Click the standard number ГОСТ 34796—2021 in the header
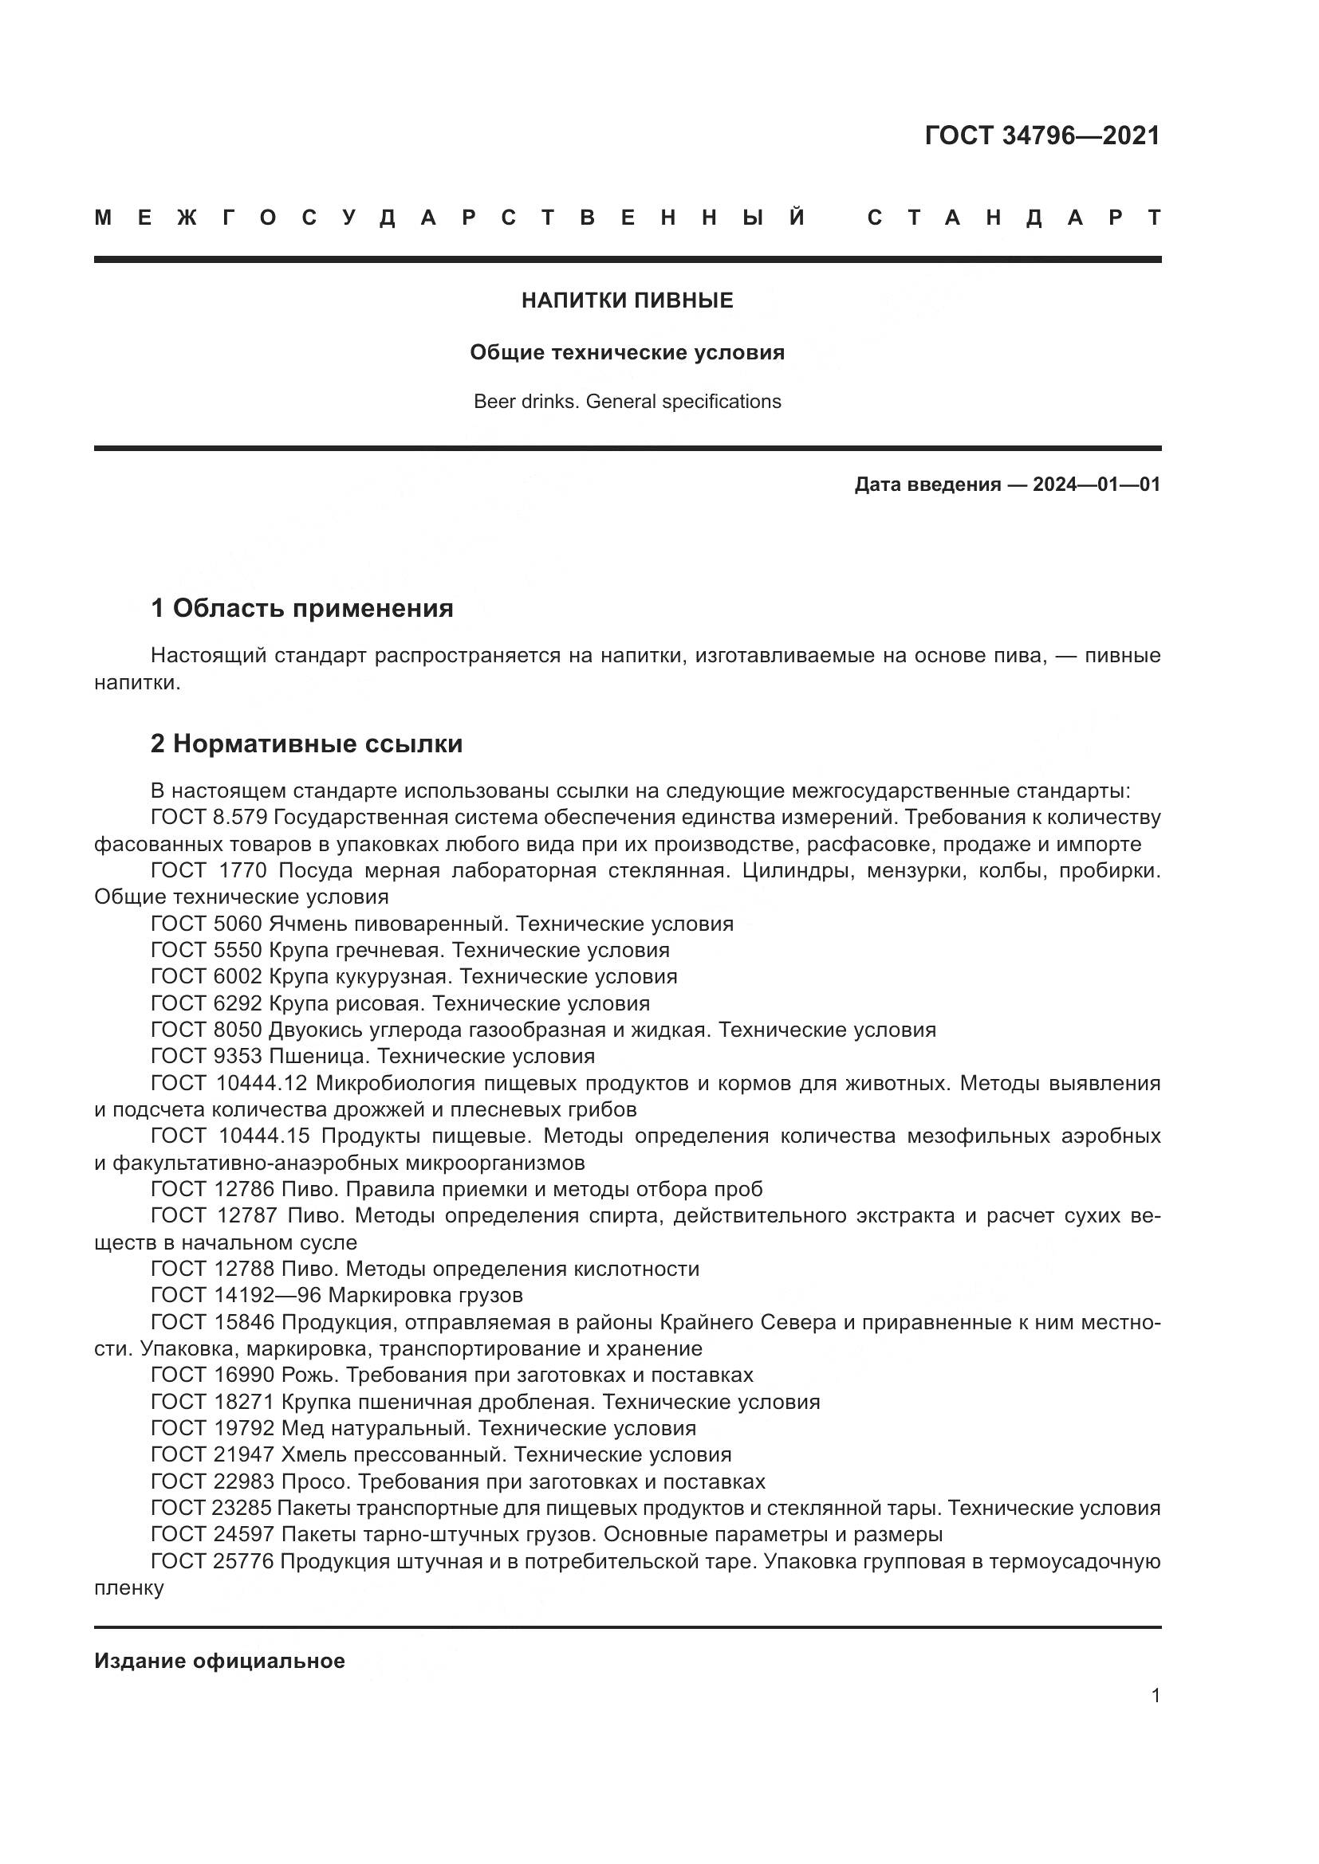tap(1042, 135)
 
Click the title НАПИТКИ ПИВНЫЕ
tap(627, 301)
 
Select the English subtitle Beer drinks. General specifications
tap(627, 402)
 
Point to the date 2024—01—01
tap(1097, 485)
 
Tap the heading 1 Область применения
tap(301, 608)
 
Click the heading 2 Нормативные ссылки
tap(306, 744)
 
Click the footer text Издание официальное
tap(219, 1662)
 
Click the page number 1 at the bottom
tap(1155, 1696)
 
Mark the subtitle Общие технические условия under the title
tap(627, 353)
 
